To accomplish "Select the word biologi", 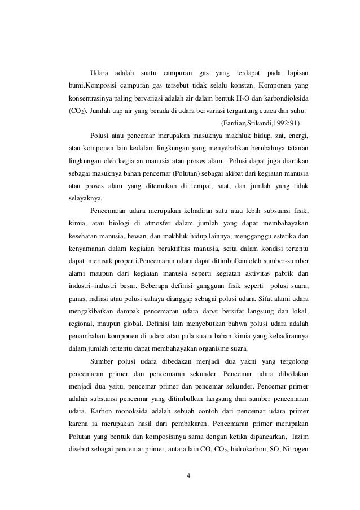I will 131,224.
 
